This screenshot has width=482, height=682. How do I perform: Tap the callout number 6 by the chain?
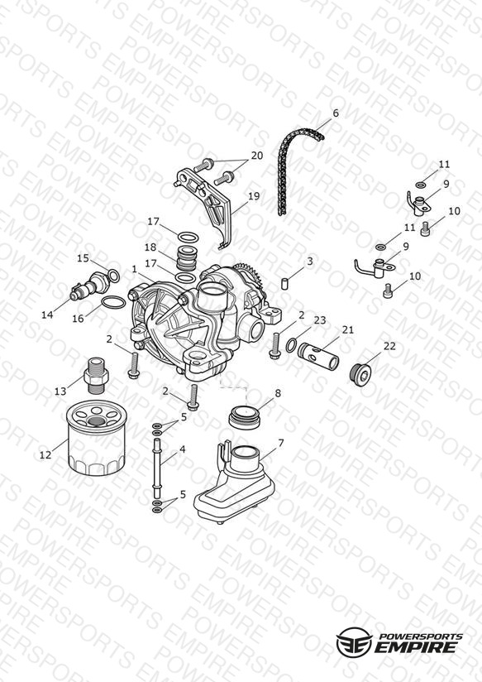[335, 113]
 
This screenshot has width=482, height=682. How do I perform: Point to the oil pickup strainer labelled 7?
[235, 483]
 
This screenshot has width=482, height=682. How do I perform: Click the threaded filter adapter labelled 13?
[97, 377]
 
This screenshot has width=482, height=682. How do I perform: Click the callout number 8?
[278, 393]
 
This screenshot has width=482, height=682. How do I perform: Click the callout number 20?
[257, 156]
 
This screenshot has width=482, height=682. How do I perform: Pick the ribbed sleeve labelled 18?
[188, 259]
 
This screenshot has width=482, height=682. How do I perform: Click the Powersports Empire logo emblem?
[355, 641]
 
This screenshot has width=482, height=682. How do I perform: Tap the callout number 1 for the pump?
[134, 270]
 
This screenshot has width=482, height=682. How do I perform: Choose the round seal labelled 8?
[245, 417]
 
